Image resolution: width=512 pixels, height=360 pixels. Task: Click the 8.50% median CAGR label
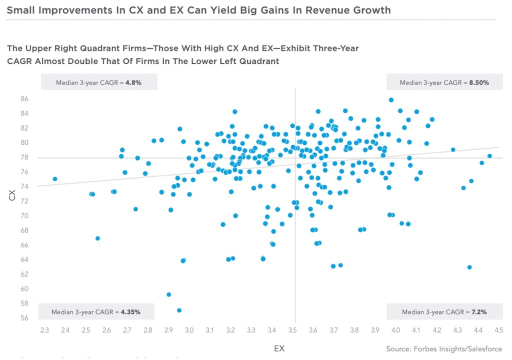coord(444,82)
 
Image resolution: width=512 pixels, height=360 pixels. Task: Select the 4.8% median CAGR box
coord(99,82)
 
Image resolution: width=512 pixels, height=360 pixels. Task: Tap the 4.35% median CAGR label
coord(95,312)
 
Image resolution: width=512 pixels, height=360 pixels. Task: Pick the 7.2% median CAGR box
coord(444,312)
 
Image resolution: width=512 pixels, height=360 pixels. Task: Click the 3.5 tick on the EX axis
coord(292,330)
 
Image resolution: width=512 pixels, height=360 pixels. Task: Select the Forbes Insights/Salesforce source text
coord(444,348)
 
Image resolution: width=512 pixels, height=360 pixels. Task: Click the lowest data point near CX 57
coord(179,310)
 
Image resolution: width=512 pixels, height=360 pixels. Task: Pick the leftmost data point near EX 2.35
coord(55,179)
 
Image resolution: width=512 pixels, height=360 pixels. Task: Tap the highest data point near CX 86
coord(391,100)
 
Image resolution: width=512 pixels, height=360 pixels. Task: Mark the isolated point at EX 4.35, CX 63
coord(469,267)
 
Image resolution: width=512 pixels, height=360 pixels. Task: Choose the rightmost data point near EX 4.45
coord(489,156)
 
